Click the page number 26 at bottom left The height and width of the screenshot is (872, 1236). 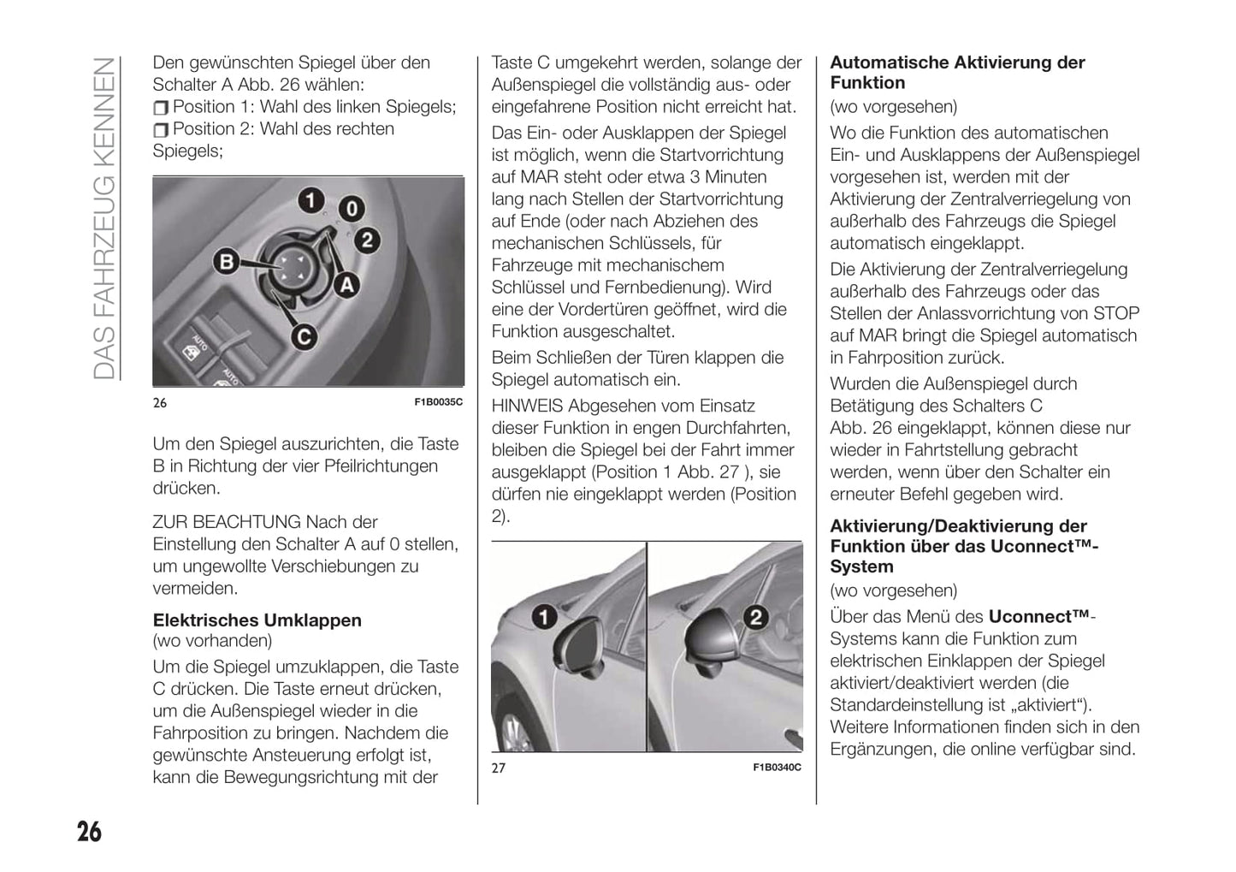coord(89,831)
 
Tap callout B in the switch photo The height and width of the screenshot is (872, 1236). coord(227,261)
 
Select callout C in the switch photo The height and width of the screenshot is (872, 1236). coord(302,337)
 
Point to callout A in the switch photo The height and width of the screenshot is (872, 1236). coord(346,284)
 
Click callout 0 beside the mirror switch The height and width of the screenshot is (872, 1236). coord(352,209)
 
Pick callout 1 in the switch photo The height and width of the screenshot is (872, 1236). coord(310,201)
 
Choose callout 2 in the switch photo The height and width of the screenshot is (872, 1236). coord(367,240)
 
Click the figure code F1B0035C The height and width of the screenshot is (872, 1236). coord(438,402)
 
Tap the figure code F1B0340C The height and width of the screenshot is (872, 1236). coord(777,768)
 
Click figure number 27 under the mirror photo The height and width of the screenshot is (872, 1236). coord(499,768)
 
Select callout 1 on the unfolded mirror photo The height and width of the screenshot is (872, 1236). coord(544,616)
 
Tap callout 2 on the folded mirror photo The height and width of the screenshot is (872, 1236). coord(755,616)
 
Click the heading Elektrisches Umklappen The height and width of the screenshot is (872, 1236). coord(257,620)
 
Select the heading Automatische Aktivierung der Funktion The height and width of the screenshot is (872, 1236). coord(957,73)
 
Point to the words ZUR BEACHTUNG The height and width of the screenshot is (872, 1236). coord(227,522)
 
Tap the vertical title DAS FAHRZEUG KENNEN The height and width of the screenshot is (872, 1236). coord(103,218)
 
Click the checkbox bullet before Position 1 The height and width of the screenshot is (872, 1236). coord(161,108)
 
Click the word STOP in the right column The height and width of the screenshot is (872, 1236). coord(1116,313)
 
